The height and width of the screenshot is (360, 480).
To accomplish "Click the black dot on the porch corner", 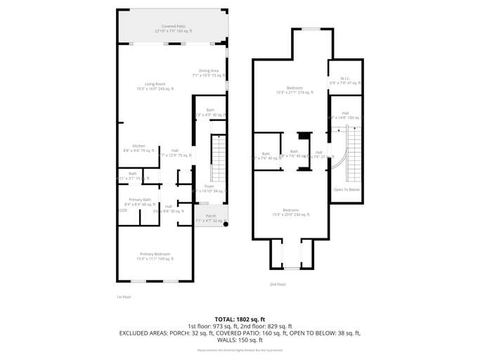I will tap(226, 224).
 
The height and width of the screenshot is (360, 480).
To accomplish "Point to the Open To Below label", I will tap(346, 189).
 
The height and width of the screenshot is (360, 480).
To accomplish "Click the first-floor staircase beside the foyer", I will tap(219, 157).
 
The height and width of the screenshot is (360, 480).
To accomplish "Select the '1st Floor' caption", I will tap(124, 297).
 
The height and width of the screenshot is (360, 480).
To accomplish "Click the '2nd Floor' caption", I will tap(278, 284).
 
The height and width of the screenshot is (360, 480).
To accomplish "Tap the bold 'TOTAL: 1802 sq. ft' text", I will tap(240, 319).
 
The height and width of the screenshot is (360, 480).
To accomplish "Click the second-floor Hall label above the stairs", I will tap(345, 115).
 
